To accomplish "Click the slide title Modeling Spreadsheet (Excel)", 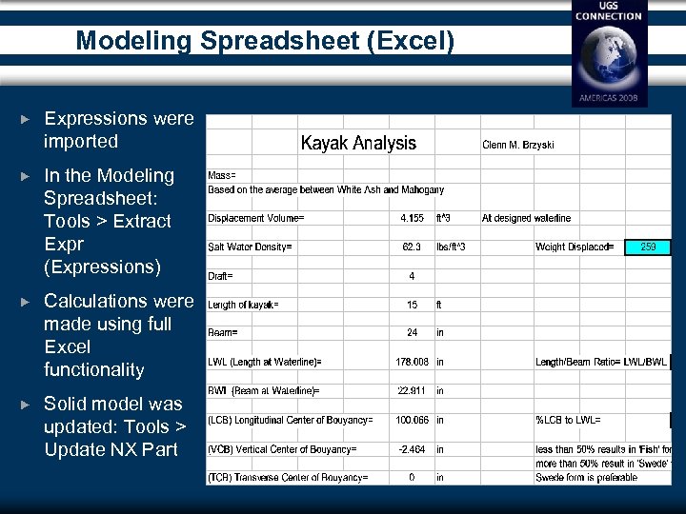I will click(265, 41).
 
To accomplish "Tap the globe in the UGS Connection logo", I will click(609, 59).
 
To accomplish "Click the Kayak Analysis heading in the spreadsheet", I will click(358, 144).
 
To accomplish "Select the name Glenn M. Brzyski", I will click(517, 146).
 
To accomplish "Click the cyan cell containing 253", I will click(648, 247).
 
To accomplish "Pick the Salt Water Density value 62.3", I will click(413, 247).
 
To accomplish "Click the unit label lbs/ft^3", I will click(457, 247).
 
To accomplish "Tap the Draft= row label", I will click(221, 276).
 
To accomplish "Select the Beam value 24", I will click(413, 333).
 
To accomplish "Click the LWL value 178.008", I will click(413, 362).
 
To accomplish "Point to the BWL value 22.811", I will click(413, 391).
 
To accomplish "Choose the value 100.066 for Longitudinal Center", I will click(413, 420).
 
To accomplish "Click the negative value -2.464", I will click(413, 448).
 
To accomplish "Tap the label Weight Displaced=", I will click(575, 247).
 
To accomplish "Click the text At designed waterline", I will click(526, 218).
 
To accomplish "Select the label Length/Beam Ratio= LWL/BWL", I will click(600, 362).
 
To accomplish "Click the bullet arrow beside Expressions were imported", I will click(26, 120).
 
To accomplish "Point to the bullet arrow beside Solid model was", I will click(26, 405).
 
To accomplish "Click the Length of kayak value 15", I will click(413, 305).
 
